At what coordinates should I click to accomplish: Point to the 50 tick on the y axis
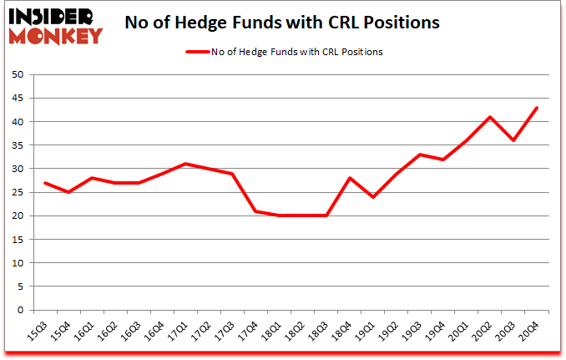(x=17, y=74)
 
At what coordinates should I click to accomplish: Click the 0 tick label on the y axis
(x=19, y=310)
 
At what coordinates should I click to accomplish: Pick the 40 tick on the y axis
(x=17, y=122)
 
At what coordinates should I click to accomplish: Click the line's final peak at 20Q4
(x=537, y=108)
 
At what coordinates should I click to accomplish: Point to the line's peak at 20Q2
(x=490, y=117)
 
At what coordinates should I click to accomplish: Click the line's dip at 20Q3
(x=513, y=140)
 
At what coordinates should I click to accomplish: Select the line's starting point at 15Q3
(x=45, y=183)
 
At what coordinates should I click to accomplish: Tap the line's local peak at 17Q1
(x=185, y=164)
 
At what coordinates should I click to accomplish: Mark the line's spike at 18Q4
(x=350, y=178)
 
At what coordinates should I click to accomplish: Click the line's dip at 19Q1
(x=373, y=197)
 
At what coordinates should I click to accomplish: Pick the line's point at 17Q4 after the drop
(x=255, y=211)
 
